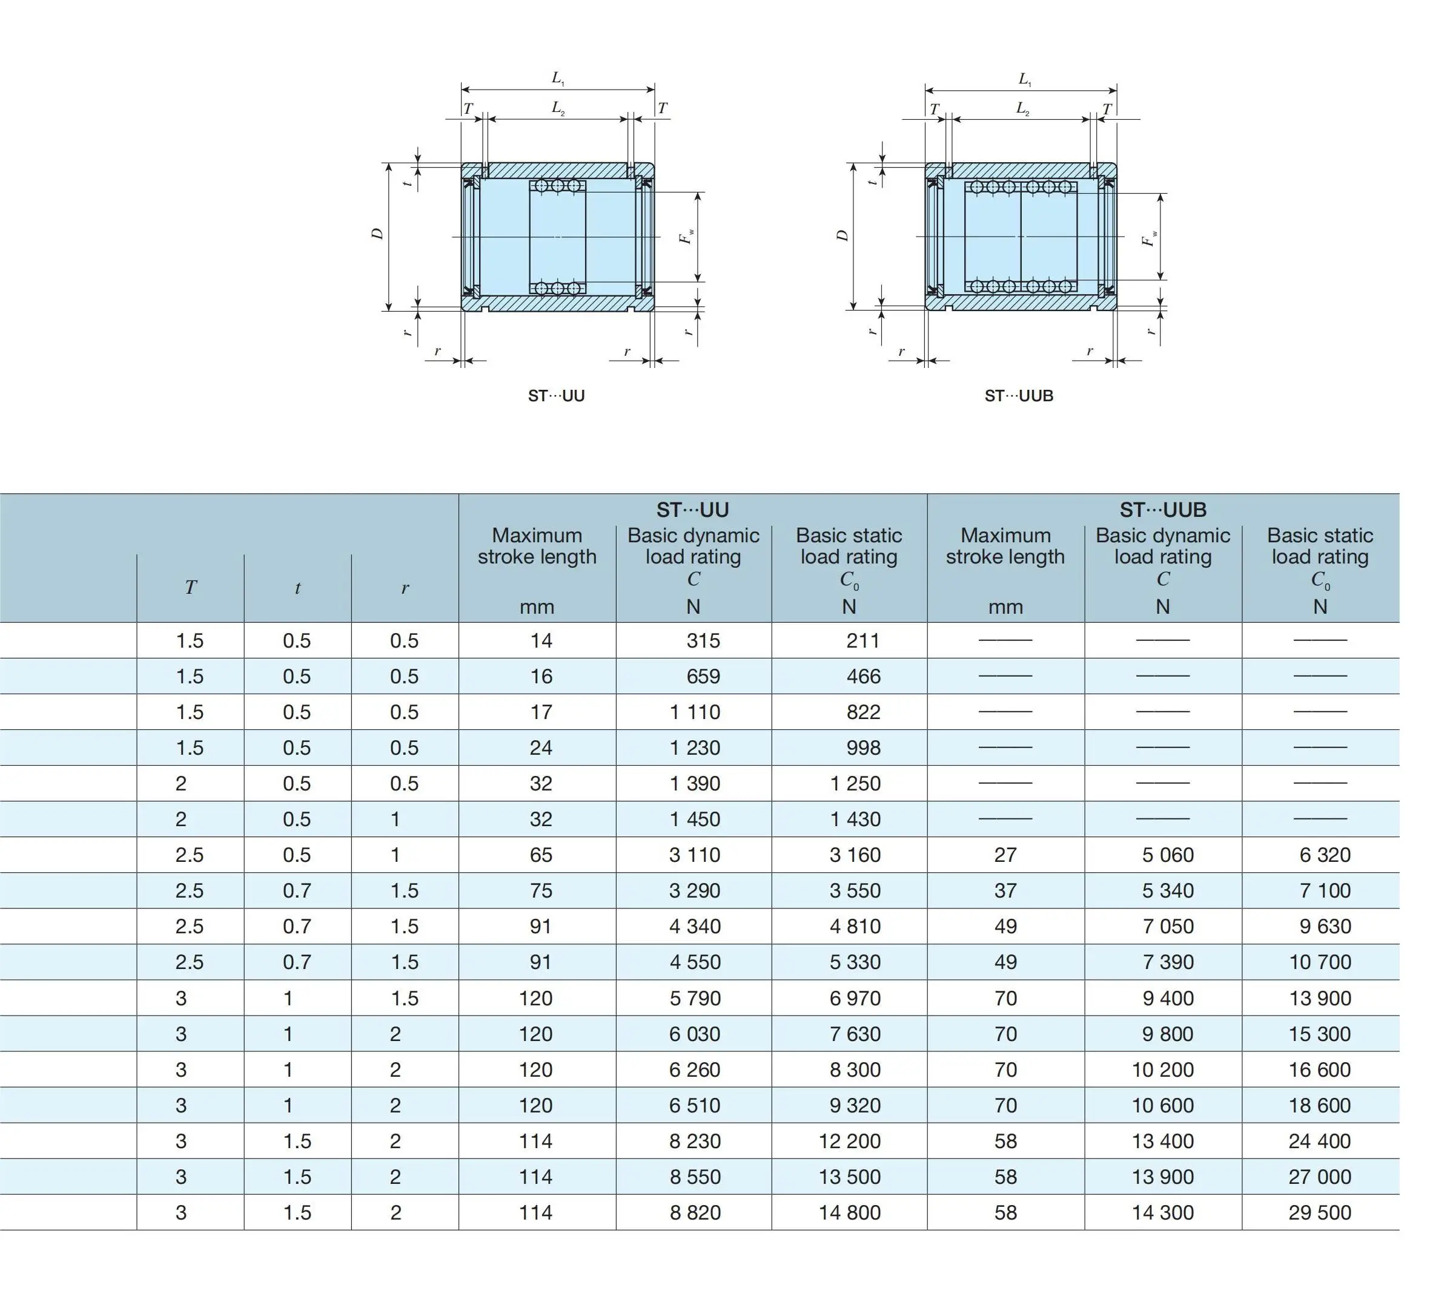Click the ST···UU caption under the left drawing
556,396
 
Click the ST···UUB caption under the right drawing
1019,396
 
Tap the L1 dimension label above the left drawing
558,78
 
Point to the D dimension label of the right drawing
842,235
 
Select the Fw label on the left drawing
686,236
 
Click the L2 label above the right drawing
1022,108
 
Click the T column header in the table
190,588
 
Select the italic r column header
405,588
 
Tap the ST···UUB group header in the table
1162,510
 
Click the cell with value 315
703,641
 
